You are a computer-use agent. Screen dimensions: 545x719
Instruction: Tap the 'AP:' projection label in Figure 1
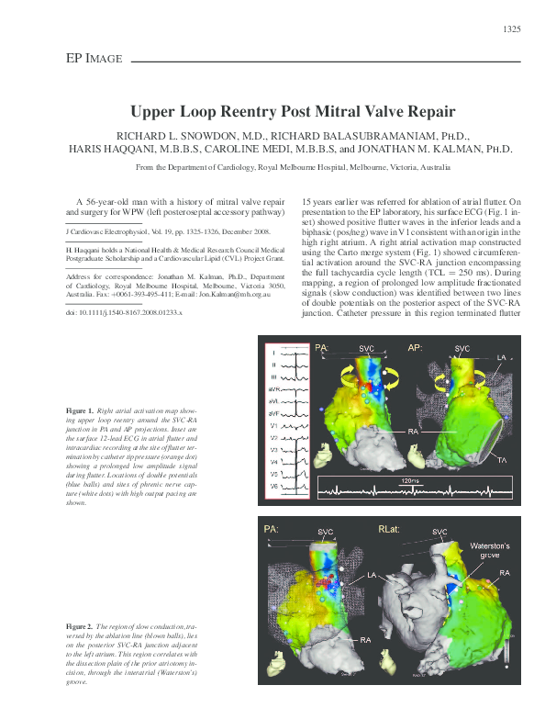(416, 349)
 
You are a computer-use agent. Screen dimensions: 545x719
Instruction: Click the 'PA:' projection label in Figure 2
(272, 530)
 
